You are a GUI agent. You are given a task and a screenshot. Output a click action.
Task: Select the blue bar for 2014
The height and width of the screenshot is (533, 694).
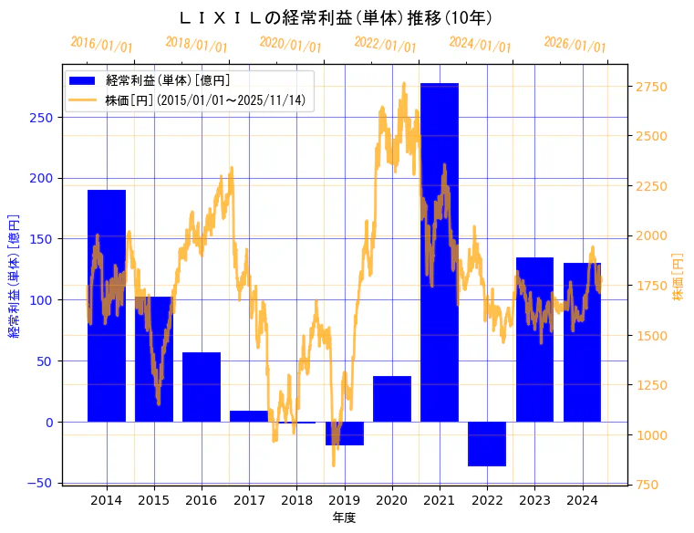pos(107,306)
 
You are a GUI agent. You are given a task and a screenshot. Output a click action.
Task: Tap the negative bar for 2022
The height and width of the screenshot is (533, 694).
pos(486,444)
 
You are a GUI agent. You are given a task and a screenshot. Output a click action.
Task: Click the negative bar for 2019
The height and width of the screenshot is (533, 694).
pos(344,434)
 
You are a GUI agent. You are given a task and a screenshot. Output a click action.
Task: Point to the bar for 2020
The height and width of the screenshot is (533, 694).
pos(391,399)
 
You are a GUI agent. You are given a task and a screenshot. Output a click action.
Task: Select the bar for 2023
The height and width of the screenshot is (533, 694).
pos(534,340)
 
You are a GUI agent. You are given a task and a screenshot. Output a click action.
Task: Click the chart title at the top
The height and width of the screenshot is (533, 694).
pos(335,17)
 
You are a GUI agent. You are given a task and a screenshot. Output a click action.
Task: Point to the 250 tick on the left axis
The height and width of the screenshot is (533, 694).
pos(44,118)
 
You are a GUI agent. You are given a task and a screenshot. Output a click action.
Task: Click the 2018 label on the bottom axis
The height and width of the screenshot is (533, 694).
pos(296,500)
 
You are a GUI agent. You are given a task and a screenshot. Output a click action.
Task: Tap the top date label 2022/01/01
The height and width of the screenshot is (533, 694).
pos(385,45)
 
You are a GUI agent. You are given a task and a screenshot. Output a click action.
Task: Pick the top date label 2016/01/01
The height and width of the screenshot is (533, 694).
pos(101,45)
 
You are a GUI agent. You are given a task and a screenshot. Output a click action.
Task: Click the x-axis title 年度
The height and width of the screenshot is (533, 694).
pos(344,517)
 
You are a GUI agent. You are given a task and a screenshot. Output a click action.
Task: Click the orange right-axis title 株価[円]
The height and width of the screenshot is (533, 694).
pos(678,277)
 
